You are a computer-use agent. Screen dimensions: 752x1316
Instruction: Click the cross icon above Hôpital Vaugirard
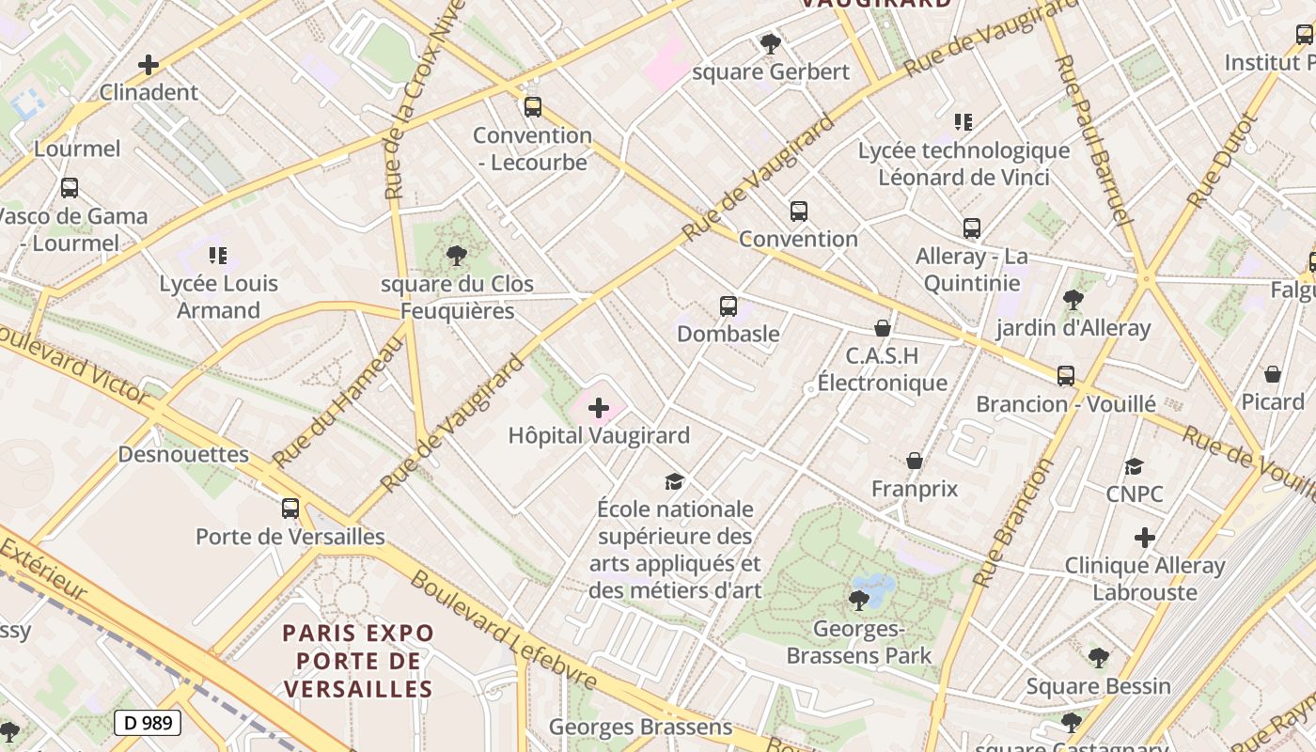(599, 408)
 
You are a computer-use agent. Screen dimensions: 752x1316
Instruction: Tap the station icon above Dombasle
(728, 305)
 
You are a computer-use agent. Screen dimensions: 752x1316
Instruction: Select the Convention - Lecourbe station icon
(533, 106)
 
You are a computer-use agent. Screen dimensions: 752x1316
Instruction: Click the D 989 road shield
(148, 723)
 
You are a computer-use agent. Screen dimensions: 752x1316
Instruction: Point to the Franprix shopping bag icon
(915, 461)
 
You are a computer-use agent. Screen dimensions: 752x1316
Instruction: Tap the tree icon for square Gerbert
(770, 43)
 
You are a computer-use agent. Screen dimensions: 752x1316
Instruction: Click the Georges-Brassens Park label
(859, 642)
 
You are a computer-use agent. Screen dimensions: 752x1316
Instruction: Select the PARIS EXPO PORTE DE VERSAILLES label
(358, 661)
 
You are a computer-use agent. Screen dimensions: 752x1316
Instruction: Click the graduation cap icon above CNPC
(1135, 466)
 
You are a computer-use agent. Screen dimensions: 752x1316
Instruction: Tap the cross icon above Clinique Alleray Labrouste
(1144, 538)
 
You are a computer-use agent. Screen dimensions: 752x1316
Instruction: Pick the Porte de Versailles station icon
(290, 509)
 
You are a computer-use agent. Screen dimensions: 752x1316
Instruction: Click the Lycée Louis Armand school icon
(218, 255)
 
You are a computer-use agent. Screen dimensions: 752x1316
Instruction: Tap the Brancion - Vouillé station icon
(1065, 376)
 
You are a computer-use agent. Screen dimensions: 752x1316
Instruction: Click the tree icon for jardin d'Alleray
(1073, 300)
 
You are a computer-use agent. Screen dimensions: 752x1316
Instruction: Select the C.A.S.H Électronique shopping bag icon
(882, 328)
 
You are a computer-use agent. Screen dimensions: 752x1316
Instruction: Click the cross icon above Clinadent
(149, 65)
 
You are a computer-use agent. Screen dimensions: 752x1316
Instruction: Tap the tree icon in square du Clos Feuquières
(457, 255)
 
